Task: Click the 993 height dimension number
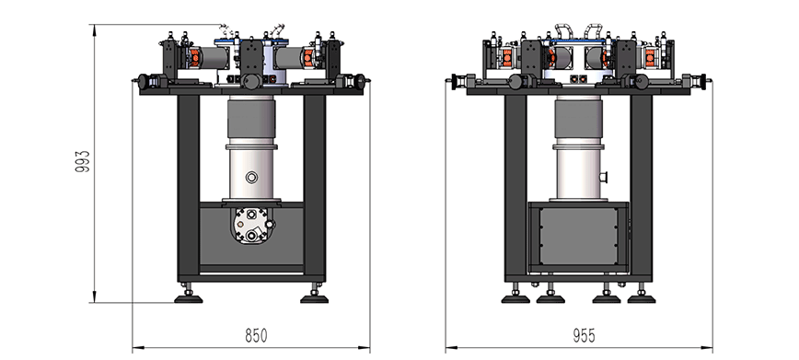(83, 161)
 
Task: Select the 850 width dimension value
(256, 336)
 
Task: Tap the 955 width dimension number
(584, 336)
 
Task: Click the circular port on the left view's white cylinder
(251, 177)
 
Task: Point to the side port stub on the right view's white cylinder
(605, 177)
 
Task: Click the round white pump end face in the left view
(251, 224)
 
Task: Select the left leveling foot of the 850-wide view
(189, 297)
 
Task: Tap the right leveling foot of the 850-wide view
(315, 297)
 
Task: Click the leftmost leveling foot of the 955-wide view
(515, 297)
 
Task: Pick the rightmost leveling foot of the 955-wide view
(642, 297)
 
